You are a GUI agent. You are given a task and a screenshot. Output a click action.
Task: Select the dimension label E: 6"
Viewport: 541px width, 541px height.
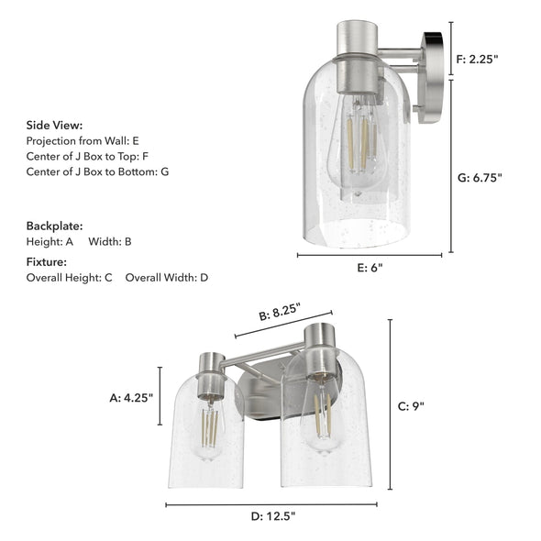tap(366, 268)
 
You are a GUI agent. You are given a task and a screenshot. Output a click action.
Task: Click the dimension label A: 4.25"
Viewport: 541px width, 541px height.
tap(131, 397)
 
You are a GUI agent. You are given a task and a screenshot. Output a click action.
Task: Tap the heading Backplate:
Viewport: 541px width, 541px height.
tap(54, 225)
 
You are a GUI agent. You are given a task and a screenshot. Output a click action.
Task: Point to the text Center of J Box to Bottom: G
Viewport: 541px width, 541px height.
tap(97, 171)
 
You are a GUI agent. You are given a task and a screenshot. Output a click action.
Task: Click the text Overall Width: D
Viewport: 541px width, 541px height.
tap(167, 277)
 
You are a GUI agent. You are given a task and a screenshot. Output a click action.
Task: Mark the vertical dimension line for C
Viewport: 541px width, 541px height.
tap(391, 405)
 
